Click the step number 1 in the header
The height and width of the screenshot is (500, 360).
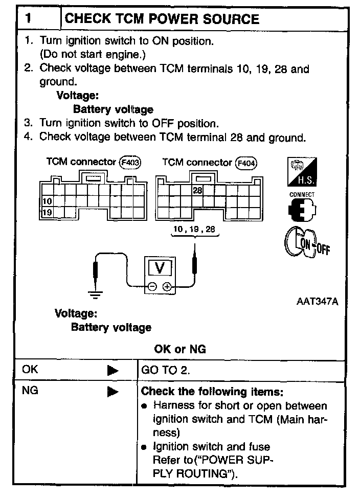(x=29, y=19)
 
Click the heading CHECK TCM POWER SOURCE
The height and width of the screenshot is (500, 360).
(x=162, y=19)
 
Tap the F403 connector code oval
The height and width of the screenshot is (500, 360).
(x=130, y=163)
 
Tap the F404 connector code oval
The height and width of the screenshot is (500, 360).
(x=246, y=163)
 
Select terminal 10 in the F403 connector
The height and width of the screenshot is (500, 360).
(x=47, y=201)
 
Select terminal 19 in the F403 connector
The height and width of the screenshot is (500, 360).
(x=47, y=212)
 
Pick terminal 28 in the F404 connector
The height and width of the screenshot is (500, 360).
(x=197, y=190)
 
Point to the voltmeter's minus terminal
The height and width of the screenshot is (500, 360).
(x=153, y=287)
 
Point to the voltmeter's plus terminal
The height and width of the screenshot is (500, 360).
(x=167, y=287)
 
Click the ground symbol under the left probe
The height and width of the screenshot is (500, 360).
(x=95, y=294)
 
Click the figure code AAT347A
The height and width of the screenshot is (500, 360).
(x=317, y=301)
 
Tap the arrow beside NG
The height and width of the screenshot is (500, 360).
(x=112, y=392)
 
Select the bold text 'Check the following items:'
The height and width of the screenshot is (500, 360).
(x=212, y=392)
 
